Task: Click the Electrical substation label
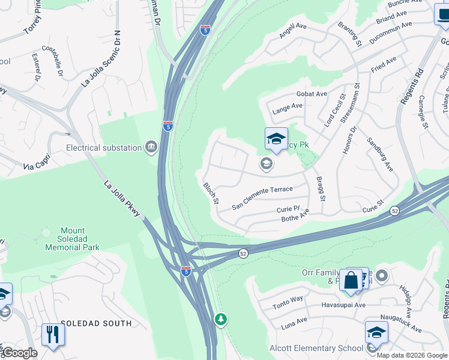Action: click(x=103, y=147)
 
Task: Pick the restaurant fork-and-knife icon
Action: click(x=53, y=334)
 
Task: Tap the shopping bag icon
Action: click(x=351, y=280)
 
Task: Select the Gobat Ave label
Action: click(x=312, y=94)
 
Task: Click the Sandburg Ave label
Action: click(x=379, y=155)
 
